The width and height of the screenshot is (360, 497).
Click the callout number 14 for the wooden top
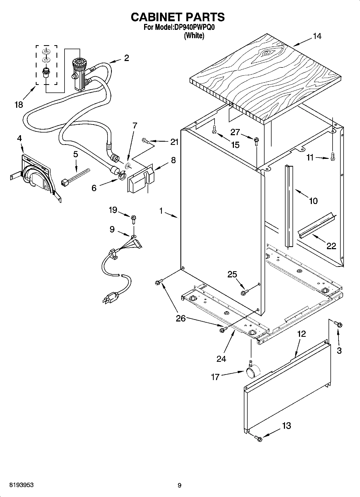click(317, 36)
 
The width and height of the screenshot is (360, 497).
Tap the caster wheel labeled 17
click(253, 372)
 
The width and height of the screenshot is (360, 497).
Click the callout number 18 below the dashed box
click(19, 104)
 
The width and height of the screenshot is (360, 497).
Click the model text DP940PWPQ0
click(193, 27)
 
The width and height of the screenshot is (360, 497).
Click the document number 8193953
click(22, 485)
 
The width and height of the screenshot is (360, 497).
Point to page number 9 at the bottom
click(180, 485)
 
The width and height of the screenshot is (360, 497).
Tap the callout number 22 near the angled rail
click(331, 246)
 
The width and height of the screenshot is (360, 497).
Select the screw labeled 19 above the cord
click(133, 219)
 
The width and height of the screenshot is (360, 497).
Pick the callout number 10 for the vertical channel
click(313, 201)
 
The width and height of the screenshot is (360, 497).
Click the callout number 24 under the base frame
click(221, 359)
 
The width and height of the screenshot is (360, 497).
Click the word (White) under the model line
click(194, 35)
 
